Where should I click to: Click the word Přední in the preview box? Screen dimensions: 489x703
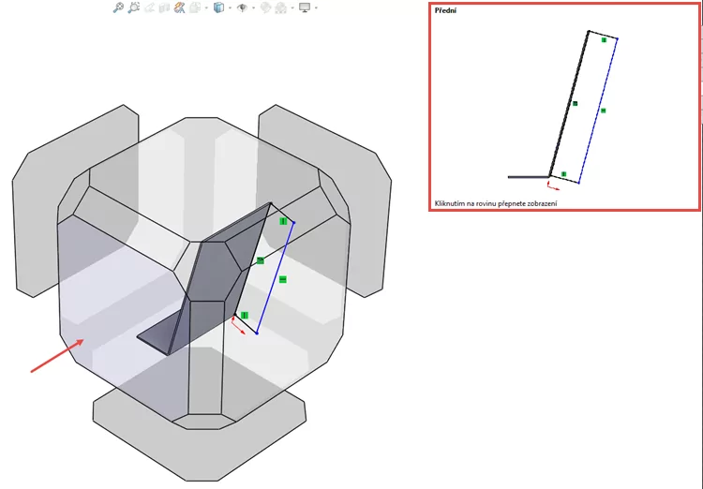(x=445, y=12)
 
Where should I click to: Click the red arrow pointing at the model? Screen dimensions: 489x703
(x=54, y=357)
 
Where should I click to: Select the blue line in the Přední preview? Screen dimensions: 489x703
(x=598, y=109)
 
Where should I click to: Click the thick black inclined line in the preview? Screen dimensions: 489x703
(x=569, y=103)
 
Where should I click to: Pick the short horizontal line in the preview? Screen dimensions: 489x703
(x=527, y=176)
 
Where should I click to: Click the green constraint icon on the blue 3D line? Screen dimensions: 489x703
(x=282, y=279)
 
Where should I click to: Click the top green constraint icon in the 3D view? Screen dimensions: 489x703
(x=283, y=221)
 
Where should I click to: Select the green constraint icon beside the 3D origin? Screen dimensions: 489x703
(x=244, y=316)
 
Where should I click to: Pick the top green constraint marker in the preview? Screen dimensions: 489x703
(x=605, y=40)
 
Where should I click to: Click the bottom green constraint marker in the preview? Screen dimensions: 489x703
(x=563, y=174)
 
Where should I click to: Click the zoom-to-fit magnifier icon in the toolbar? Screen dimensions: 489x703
(x=118, y=7)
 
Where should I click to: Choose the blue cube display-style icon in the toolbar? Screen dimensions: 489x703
(x=218, y=7)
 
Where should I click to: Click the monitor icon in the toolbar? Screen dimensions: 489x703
(x=304, y=7)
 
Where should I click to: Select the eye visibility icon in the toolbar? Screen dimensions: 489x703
(x=242, y=7)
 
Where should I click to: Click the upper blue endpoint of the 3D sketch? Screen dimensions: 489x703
(x=293, y=223)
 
